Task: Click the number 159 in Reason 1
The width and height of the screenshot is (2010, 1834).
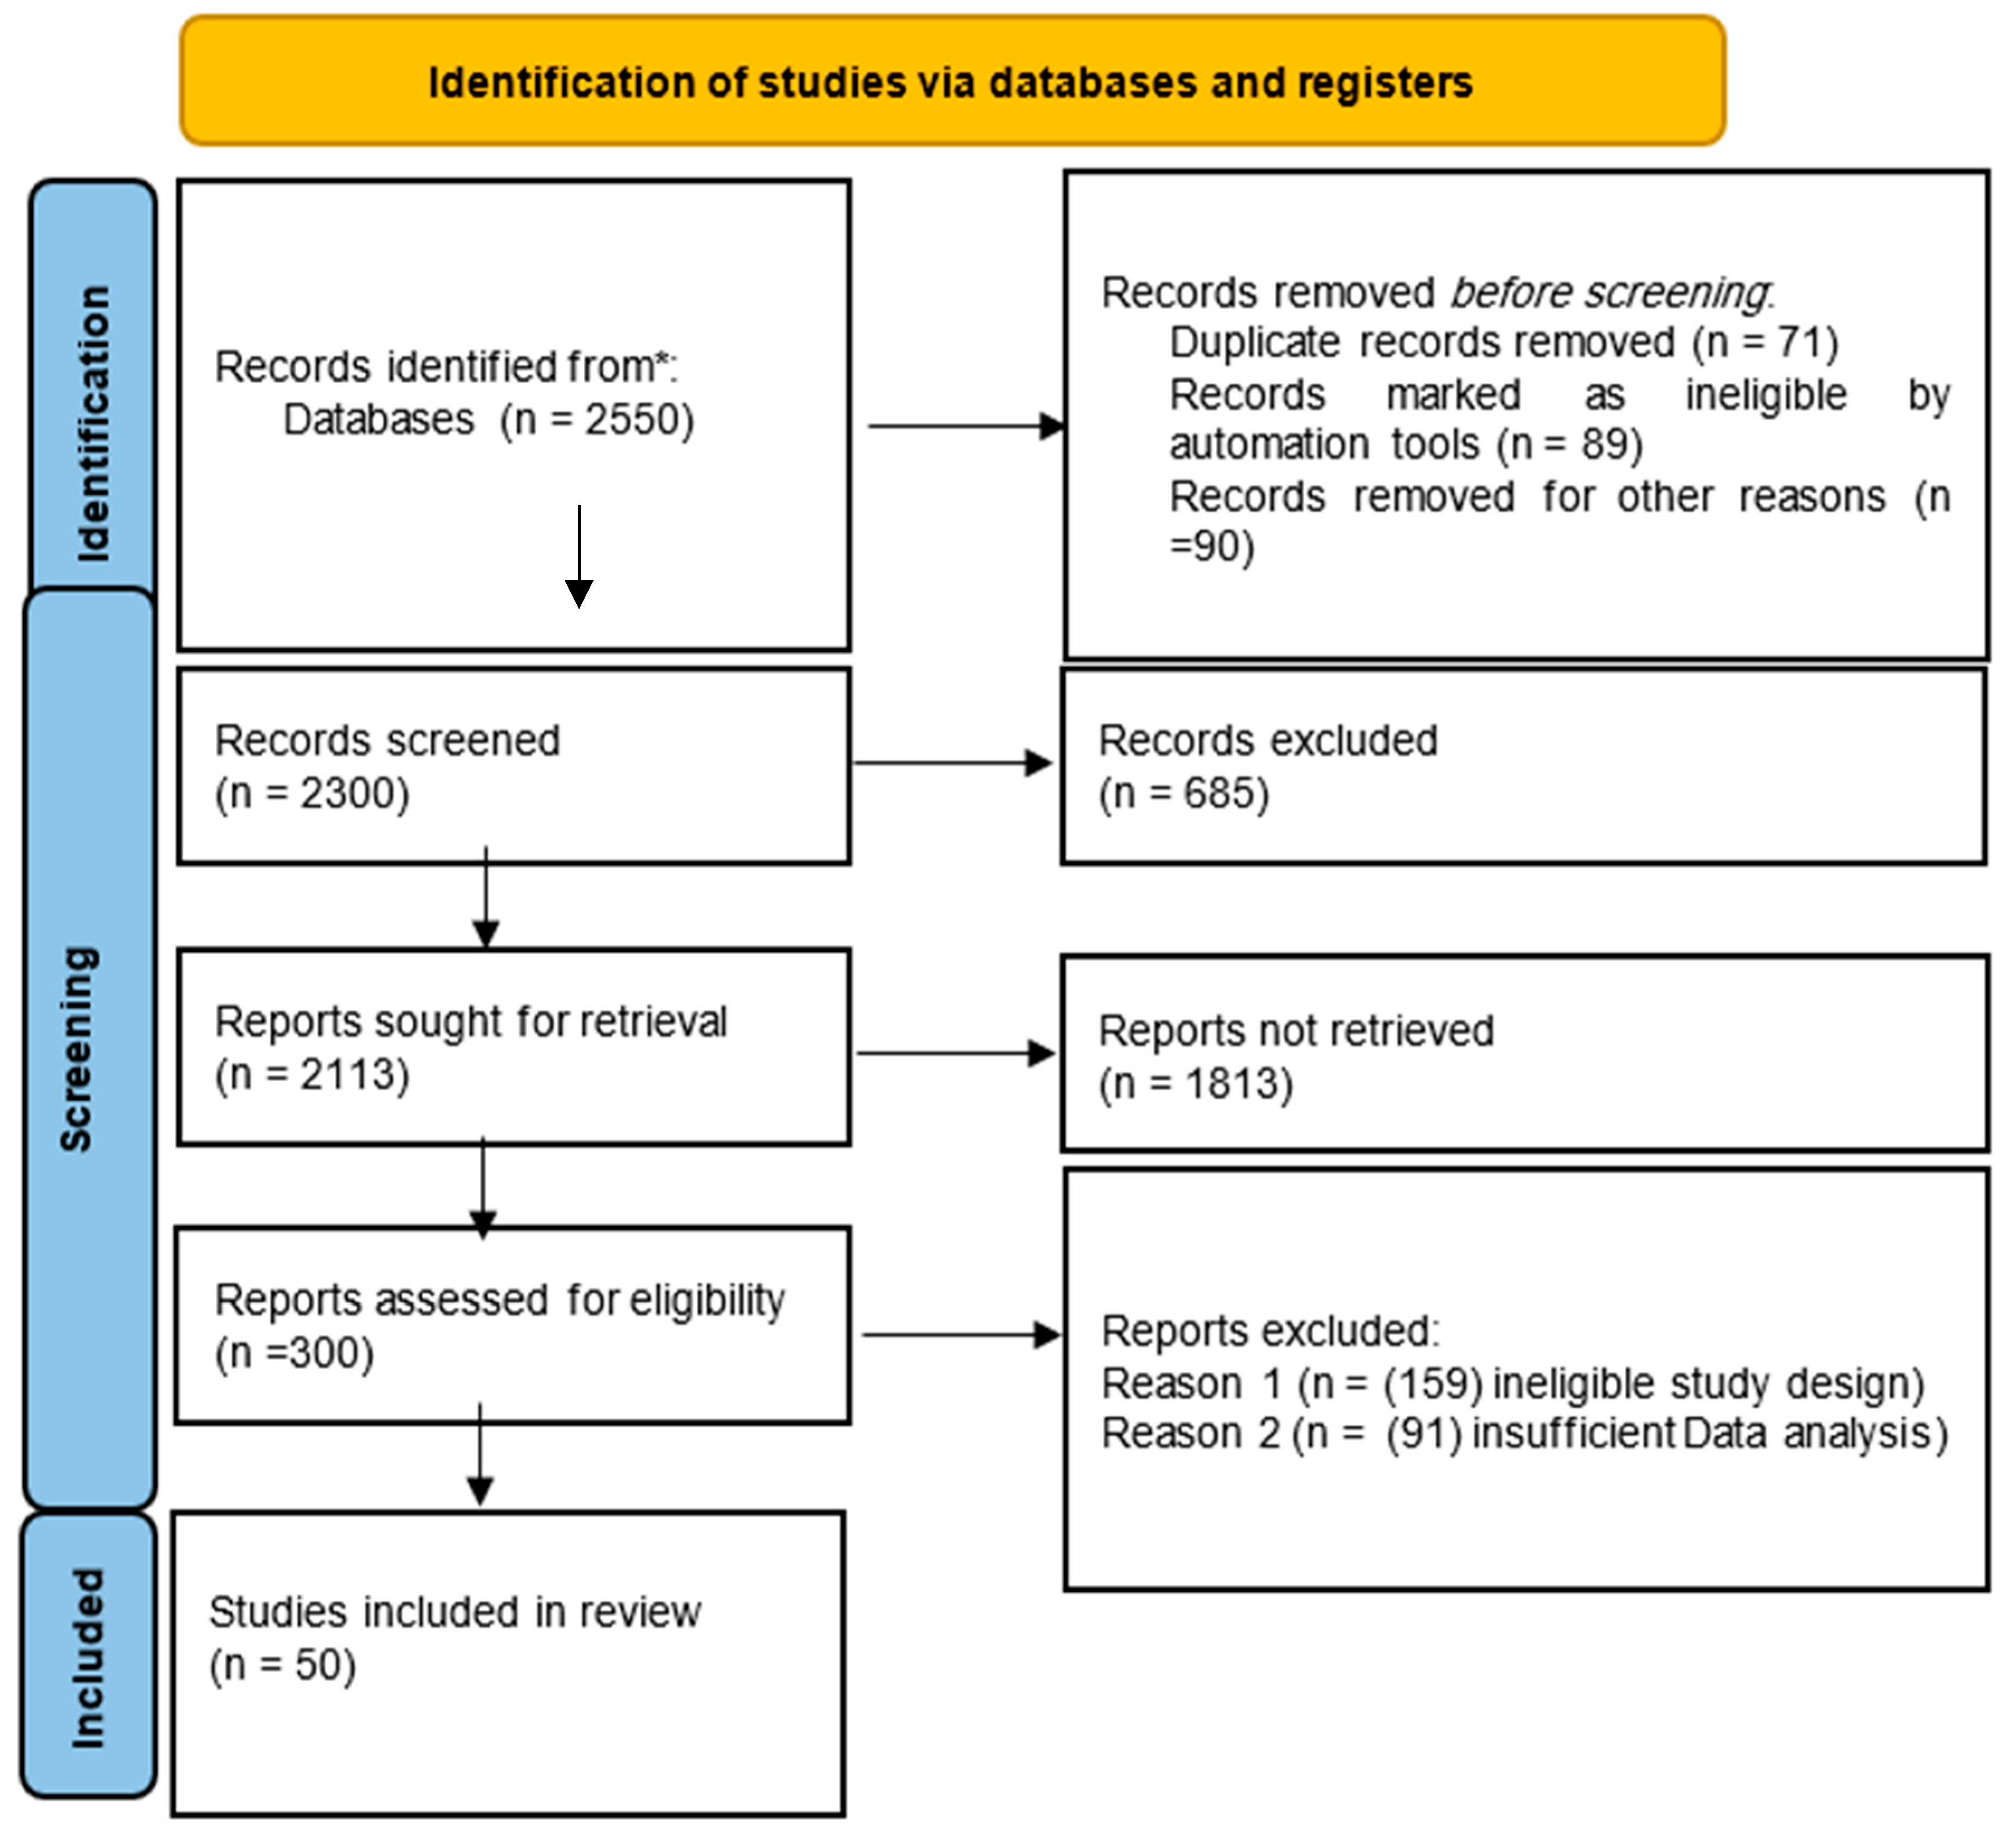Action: tap(1431, 1384)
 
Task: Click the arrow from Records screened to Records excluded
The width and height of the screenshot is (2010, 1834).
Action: tap(952, 764)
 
